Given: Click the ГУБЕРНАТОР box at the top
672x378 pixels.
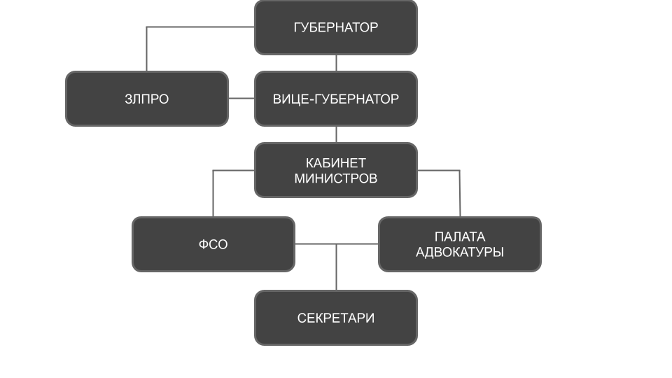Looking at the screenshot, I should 336,27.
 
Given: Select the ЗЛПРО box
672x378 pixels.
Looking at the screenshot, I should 147,99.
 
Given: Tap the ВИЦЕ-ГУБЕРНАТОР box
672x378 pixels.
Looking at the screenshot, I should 336,99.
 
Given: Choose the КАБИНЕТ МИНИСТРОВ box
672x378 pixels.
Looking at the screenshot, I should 336,170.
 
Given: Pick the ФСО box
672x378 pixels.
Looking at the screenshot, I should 213,244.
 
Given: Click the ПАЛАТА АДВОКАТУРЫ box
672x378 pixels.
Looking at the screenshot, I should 460,244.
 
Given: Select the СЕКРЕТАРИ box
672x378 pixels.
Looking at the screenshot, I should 336,318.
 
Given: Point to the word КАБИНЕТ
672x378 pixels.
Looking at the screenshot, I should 336,163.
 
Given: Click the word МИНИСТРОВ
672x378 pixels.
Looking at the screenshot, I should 336,178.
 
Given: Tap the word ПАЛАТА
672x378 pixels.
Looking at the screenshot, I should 460,237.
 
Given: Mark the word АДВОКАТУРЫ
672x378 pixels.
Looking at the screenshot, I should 460,252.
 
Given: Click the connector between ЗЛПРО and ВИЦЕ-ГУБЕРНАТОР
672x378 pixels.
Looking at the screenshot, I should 241,99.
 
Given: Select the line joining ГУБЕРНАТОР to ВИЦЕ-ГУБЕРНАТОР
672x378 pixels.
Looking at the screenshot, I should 336,63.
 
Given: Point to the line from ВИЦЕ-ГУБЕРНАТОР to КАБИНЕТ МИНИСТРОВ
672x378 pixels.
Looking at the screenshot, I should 336,134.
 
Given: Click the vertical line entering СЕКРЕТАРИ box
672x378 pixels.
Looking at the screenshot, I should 336,269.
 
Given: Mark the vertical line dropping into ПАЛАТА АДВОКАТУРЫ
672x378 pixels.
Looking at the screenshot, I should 460,196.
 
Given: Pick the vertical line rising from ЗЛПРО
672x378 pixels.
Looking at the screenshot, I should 146,49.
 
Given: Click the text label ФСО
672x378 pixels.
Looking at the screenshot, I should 213,244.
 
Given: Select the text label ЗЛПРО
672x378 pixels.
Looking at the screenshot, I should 147,99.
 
